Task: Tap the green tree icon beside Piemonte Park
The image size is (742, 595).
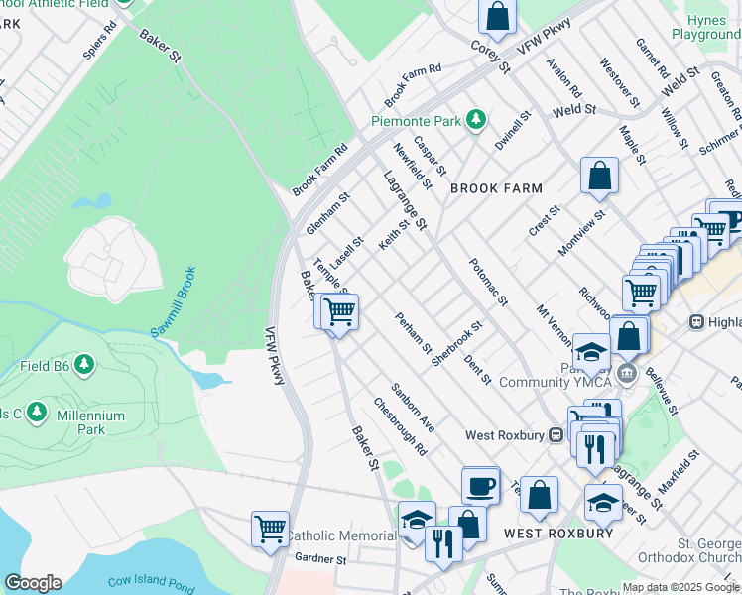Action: (477, 120)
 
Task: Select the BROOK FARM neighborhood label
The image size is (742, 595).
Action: (496, 188)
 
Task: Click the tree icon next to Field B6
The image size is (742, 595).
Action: (85, 366)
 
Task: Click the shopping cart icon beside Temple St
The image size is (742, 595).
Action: (338, 312)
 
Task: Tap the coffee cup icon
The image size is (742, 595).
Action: (481, 486)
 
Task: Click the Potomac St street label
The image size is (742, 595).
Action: (489, 287)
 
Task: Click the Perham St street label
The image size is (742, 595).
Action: (413, 333)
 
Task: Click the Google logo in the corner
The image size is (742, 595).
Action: (33, 583)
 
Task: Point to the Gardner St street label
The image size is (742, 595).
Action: (312, 559)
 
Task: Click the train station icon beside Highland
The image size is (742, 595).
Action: (696, 322)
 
